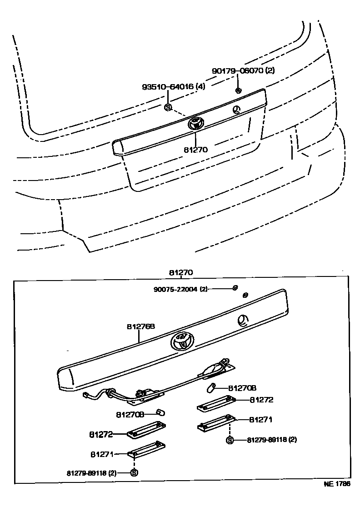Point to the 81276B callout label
[141, 326]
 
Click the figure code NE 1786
[337, 484]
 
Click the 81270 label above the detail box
[181, 272]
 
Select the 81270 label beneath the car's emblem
[196, 148]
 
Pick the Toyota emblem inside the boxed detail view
[182, 341]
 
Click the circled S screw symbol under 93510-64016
[168, 107]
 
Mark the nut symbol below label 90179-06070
[238, 90]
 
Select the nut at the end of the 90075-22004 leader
[235, 287]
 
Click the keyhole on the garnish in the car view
[236, 109]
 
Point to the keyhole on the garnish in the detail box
[243, 321]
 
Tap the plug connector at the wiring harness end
[86, 396]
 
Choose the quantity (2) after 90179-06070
[270, 70]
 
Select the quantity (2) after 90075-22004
[203, 289]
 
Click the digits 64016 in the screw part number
[181, 86]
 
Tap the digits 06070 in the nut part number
[251, 70]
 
